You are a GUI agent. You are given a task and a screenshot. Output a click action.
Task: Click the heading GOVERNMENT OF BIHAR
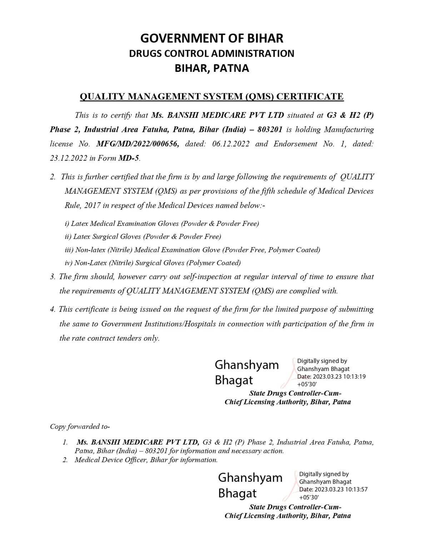click(212, 38)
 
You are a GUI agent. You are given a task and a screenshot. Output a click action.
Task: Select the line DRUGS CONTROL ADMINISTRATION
click(211, 54)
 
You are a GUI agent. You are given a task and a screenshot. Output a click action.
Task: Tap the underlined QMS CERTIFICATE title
click(211, 97)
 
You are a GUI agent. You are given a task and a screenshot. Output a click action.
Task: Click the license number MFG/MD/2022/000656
click(138, 144)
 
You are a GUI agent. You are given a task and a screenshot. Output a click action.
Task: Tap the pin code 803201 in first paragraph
click(270, 129)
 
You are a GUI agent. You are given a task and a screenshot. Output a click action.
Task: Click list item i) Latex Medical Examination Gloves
click(162, 224)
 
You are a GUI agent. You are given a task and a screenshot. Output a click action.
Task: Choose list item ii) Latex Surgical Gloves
click(143, 237)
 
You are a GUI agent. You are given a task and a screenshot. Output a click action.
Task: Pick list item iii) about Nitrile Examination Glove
click(193, 250)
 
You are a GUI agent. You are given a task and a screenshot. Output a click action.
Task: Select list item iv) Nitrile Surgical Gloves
click(153, 263)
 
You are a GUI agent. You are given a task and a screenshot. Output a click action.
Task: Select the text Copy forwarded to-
click(80, 426)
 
